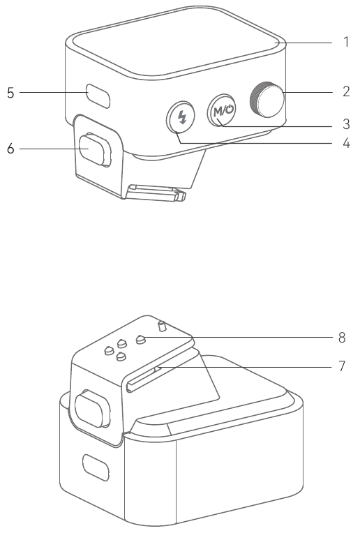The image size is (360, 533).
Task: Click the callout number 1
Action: [346, 42]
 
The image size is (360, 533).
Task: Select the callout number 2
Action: [346, 91]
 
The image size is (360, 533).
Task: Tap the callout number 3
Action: [346, 124]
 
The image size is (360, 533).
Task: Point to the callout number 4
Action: [346, 143]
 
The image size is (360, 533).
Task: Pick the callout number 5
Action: [10, 93]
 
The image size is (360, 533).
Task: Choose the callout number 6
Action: [10, 149]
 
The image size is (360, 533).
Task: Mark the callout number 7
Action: [342, 366]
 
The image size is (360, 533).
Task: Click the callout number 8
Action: [342, 338]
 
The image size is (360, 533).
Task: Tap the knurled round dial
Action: [267, 99]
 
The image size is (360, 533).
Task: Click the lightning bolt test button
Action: [181, 117]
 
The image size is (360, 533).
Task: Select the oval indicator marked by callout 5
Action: [98, 96]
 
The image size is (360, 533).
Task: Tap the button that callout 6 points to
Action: [95, 150]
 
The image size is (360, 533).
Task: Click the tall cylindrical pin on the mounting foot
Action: [162, 326]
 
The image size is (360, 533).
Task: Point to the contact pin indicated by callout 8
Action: [141, 339]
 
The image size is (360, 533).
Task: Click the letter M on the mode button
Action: [218, 112]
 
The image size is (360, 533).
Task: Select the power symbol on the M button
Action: [230, 110]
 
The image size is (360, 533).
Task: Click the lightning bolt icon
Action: [183, 117]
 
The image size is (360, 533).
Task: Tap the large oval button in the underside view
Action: [93, 409]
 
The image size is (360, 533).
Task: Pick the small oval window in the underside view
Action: [96, 467]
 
